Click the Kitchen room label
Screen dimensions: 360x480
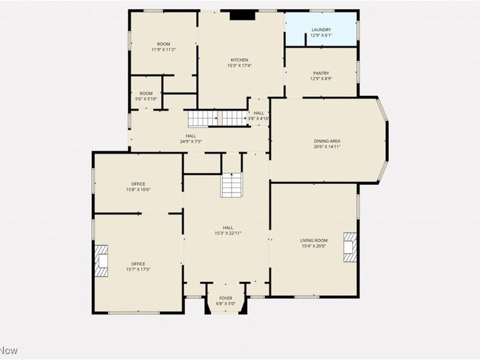(x=239, y=59)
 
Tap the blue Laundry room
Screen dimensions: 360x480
(x=320, y=29)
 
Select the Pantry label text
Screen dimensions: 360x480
(x=320, y=73)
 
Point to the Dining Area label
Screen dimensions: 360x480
(x=327, y=141)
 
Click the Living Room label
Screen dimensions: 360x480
(x=314, y=240)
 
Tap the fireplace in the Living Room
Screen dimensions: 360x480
(x=350, y=247)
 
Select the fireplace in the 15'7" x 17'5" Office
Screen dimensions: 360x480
(x=101, y=260)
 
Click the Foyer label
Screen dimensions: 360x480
(x=226, y=298)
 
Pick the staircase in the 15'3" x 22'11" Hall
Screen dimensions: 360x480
(x=231, y=185)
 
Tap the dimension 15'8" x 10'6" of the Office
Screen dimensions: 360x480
(x=139, y=190)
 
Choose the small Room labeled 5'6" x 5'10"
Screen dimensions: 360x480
(x=146, y=96)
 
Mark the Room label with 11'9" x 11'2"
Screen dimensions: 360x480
(x=163, y=44)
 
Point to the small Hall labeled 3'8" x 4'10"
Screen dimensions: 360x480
(x=259, y=115)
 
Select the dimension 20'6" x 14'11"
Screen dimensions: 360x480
(x=327, y=146)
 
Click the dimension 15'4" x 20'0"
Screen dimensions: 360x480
(x=314, y=245)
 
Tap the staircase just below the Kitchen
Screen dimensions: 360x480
(x=217, y=118)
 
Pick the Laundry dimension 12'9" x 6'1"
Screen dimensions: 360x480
(x=320, y=35)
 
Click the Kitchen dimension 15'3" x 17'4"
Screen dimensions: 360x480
(x=239, y=65)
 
